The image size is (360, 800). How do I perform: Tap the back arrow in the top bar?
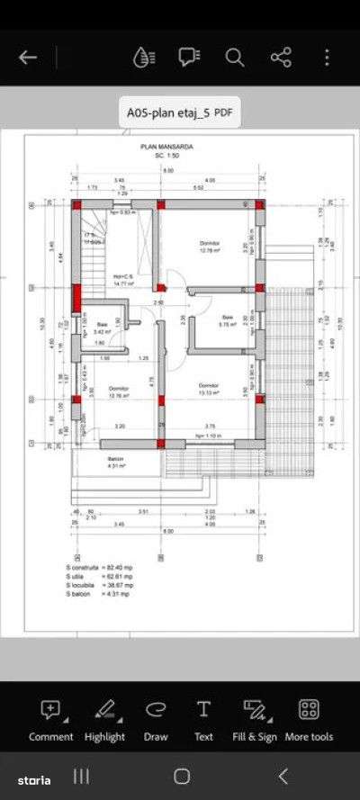coord(28,58)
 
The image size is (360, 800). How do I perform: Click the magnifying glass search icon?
coord(235,58)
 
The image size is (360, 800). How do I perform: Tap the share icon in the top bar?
coord(281,58)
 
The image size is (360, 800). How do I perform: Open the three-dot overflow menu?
coord(327,58)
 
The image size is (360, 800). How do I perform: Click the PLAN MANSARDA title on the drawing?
coord(166,146)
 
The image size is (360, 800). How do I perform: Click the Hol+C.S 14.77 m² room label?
coord(122,279)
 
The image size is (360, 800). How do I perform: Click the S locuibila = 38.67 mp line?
coord(100,585)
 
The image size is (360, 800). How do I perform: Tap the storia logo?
coord(31,776)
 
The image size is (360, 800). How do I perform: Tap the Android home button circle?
coord(182,776)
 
